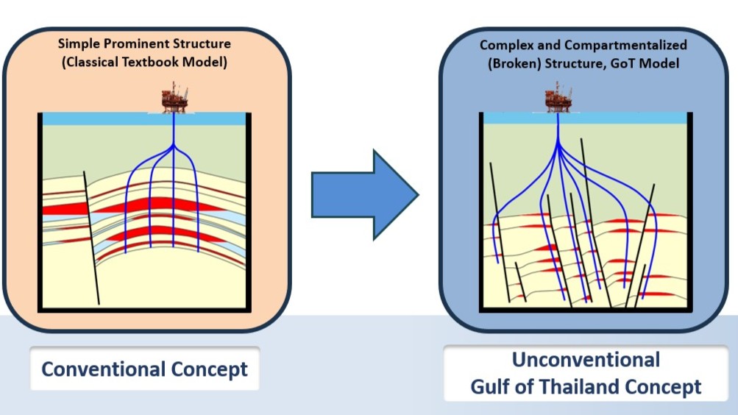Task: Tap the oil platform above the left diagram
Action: pos(174,97)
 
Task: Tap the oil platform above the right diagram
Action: pos(558,97)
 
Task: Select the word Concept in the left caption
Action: pos(210,369)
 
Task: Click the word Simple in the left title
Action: pos(78,43)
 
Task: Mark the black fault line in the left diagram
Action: pos(91,235)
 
